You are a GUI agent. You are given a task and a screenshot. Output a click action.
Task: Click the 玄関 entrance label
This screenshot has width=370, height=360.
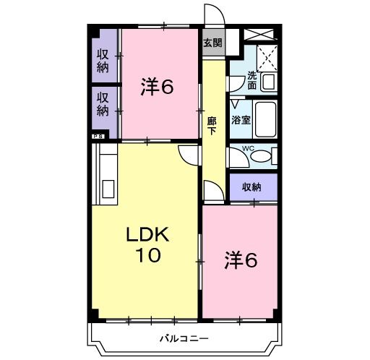(x=212, y=43)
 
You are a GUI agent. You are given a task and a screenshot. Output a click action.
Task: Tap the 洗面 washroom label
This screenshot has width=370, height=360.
(x=251, y=80)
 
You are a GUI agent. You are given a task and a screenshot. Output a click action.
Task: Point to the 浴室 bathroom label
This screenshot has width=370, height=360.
(x=241, y=120)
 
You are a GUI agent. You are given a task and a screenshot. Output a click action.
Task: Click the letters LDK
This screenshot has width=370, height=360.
(x=147, y=235)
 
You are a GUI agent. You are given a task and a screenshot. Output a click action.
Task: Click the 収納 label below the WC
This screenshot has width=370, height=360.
(x=251, y=187)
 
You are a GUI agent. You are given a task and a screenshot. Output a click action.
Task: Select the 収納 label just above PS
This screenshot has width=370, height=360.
(x=103, y=104)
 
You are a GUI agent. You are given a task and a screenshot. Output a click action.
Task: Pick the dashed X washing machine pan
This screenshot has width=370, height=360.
(x=267, y=56)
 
